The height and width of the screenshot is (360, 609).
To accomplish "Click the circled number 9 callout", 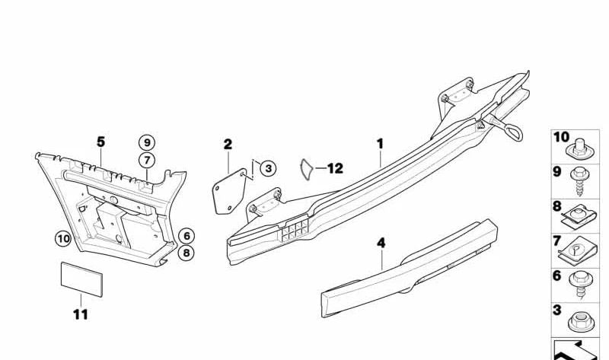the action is click(147, 143).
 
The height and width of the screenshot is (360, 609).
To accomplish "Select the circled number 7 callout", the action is click(147, 160).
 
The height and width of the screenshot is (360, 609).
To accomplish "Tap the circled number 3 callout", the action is click(268, 168).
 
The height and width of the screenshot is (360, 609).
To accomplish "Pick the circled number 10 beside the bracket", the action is click(63, 238).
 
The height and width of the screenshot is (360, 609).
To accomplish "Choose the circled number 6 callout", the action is click(187, 236).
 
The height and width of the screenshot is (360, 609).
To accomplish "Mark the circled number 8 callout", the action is click(187, 253).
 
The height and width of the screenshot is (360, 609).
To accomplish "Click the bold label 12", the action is click(335, 168).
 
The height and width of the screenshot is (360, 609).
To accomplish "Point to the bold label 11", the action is click(81, 314).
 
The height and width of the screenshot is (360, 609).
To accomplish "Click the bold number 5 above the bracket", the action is click(100, 142).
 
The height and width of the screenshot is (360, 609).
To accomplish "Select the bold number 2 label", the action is click(228, 145).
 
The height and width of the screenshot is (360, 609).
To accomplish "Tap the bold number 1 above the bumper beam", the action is click(380, 144).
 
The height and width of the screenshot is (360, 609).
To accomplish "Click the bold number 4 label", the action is click(381, 243).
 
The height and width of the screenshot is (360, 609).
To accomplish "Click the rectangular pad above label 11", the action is click(81, 279).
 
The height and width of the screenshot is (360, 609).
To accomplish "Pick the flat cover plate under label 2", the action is click(230, 192).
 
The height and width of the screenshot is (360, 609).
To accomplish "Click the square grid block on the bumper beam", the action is click(295, 230).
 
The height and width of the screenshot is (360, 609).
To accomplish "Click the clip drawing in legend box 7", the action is click(577, 252).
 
